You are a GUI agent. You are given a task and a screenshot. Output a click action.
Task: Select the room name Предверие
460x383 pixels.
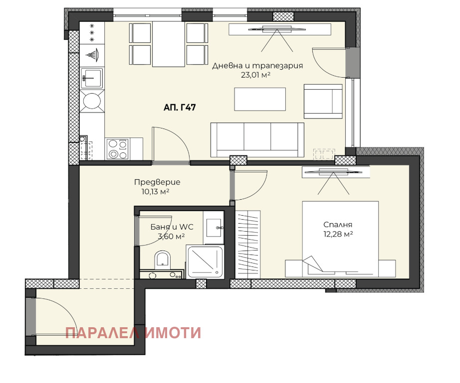point(157,182)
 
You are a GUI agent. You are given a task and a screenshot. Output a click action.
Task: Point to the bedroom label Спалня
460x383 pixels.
point(338,224)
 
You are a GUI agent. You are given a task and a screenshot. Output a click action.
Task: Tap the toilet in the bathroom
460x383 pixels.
point(163,260)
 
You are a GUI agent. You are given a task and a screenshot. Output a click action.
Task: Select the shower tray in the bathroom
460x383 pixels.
point(205,261)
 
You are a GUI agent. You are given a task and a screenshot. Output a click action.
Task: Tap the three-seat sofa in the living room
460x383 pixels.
point(257,138)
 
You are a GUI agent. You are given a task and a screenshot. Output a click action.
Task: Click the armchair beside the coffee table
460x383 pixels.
point(323,101)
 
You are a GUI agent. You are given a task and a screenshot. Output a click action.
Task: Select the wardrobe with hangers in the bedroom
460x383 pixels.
point(248,243)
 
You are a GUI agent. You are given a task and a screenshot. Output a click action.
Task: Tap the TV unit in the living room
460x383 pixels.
point(279,30)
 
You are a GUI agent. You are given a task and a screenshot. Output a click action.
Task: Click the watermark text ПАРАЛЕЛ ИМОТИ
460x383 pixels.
point(133,333)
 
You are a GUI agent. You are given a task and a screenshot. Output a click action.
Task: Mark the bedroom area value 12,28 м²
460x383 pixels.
point(338,234)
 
